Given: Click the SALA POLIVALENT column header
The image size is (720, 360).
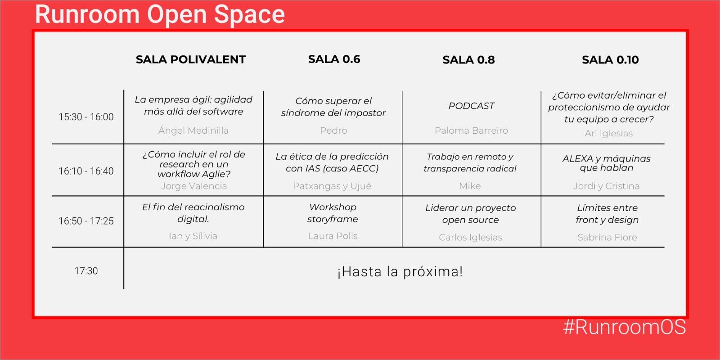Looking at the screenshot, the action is pyautogui.click(x=191, y=59).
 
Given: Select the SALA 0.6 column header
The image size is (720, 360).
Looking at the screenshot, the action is pyautogui.click(x=334, y=59).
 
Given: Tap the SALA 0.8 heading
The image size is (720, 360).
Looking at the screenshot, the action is pyautogui.click(x=468, y=60).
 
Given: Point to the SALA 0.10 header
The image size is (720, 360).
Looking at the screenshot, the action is pyautogui.click(x=610, y=60).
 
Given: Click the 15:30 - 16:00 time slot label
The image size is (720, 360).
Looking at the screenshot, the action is pyautogui.click(x=86, y=117).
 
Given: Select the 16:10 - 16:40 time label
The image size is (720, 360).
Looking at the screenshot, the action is pyautogui.click(x=86, y=171).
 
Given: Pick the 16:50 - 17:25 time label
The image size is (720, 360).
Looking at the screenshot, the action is pyautogui.click(x=86, y=221).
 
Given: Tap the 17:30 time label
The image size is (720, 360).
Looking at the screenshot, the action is pyautogui.click(x=86, y=271).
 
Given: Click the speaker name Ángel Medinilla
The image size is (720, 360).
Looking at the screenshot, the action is pyautogui.click(x=193, y=130).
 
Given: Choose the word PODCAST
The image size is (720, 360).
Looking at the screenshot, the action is pyautogui.click(x=471, y=106).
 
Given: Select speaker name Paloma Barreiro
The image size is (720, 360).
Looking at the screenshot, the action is pyautogui.click(x=471, y=130).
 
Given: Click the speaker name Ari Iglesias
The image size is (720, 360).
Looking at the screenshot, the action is pyautogui.click(x=608, y=133).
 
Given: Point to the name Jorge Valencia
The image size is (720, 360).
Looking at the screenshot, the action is pyautogui.click(x=194, y=186).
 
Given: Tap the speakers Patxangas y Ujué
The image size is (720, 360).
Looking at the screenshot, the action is pyautogui.click(x=332, y=186).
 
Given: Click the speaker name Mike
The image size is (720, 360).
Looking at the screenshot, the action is pyautogui.click(x=470, y=186).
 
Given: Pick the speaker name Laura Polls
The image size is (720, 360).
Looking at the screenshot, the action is pyautogui.click(x=333, y=236).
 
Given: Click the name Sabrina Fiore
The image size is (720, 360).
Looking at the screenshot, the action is pyautogui.click(x=607, y=237).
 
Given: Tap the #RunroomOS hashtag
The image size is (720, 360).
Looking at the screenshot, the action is pyautogui.click(x=625, y=327).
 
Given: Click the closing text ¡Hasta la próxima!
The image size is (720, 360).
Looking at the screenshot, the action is pyautogui.click(x=400, y=272).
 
